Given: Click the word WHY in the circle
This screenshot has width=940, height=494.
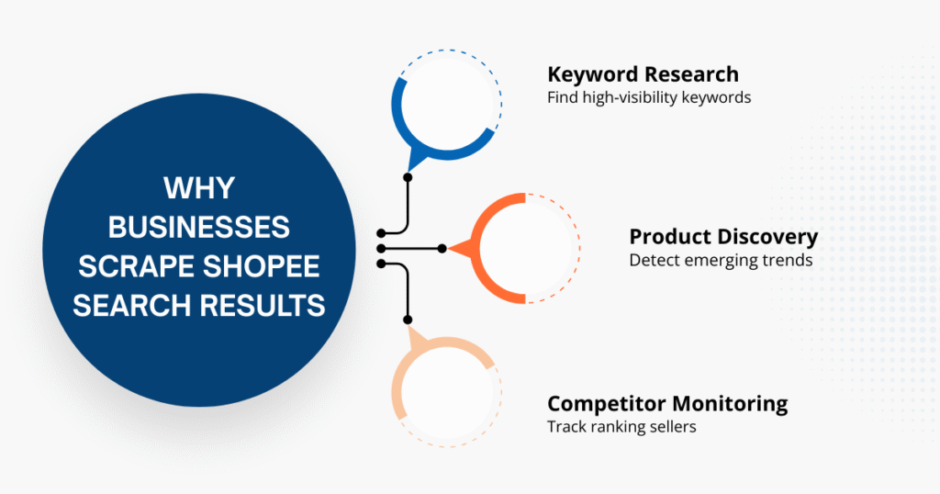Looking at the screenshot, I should tap(199, 188).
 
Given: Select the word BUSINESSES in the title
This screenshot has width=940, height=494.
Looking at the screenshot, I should tap(199, 227).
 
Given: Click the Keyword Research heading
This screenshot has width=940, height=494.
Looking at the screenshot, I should tap(643, 74).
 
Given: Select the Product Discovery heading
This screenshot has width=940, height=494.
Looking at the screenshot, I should tap(723, 236).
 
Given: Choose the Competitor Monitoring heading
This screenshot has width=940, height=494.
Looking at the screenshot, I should tap(667, 403).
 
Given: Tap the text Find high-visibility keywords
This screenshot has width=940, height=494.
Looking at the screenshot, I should tap(649, 96).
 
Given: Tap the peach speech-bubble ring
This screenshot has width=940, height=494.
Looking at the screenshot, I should tap(404, 386).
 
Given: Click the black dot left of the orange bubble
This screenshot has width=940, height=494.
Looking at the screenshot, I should tap(442, 249).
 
